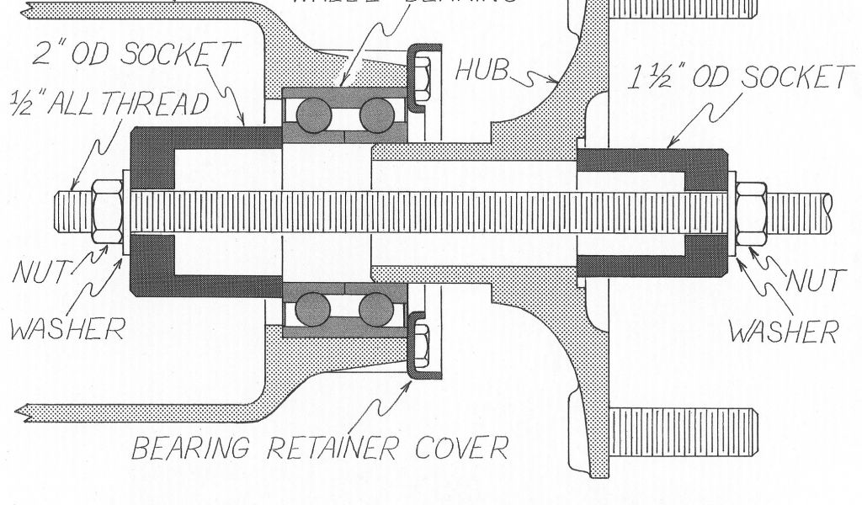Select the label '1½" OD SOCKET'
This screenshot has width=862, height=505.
click(741, 77)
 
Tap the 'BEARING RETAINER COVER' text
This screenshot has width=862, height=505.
click(320, 446)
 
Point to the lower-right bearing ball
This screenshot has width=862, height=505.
click(375, 309)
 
